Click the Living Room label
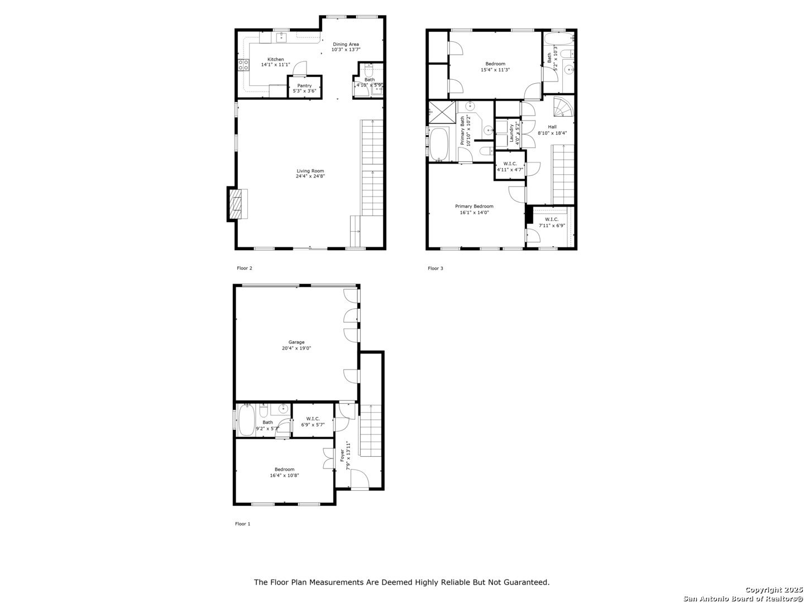click(x=310, y=171)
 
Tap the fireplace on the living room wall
click(x=237, y=204)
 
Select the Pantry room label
click(x=304, y=85)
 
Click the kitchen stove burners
click(x=243, y=65)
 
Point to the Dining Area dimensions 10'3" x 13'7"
click(x=346, y=50)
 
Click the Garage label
click(x=296, y=342)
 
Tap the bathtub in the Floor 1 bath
click(x=246, y=420)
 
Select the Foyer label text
click(x=342, y=455)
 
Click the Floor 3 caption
click(x=435, y=269)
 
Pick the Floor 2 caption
click(x=245, y=268)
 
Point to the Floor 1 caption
click(x=242, y=524)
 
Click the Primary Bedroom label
click(x=474, y=206)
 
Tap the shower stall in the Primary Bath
click(x=442, y=112)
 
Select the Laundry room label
click(x=511, y=133)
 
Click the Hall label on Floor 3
click(x=552, y=127)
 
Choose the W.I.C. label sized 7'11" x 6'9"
click(x=551, y=219)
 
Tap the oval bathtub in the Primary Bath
click(x=438, y=144)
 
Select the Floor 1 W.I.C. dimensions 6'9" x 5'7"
click(x=313, y=425)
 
